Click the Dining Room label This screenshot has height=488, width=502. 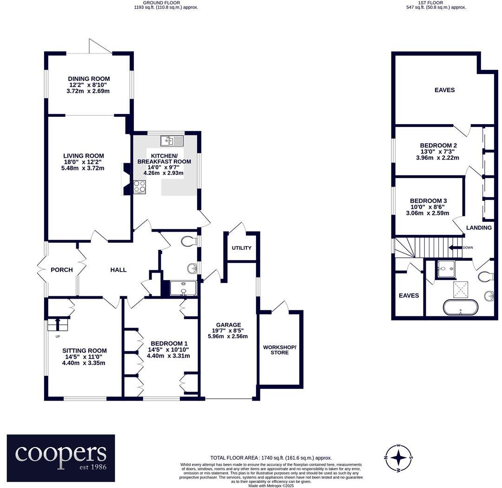coord(89,79)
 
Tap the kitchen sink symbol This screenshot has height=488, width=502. coord(172,140)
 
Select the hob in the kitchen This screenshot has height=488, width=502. coord(140,187)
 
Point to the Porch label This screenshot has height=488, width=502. coord(62,270)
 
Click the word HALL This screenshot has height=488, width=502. coord(118,270)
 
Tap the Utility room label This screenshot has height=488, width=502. coord(241,248)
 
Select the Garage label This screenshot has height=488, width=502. coord(228,325)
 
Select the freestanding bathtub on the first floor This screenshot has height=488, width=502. coord(460,308)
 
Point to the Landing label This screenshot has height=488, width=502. coord(479,228)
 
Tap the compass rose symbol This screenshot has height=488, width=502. coord(398,457)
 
